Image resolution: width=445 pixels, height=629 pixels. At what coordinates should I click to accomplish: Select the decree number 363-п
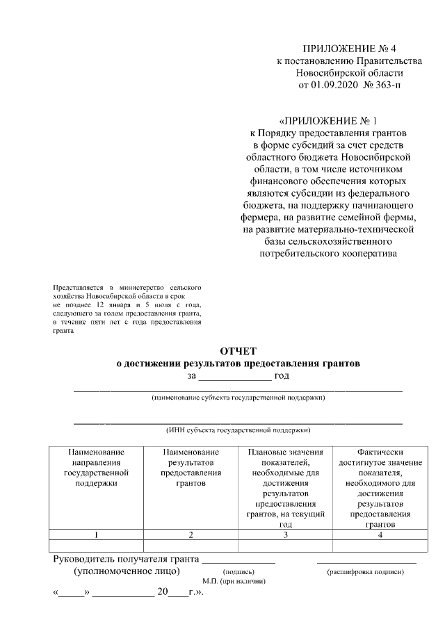387,85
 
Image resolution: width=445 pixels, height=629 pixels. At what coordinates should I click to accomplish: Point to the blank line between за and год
234,376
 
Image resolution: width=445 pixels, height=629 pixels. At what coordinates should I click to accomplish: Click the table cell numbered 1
96,534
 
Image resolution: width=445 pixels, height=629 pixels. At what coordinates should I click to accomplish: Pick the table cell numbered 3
285,534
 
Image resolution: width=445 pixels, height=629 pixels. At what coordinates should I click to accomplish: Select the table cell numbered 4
379,534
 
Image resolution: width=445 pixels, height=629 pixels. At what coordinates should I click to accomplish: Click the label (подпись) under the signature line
237,572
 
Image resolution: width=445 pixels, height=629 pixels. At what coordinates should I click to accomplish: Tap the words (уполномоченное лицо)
127,571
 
